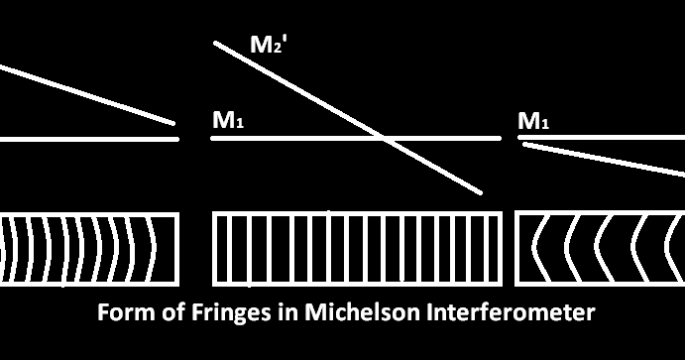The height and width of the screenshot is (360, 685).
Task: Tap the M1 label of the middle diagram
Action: tap(229, 122)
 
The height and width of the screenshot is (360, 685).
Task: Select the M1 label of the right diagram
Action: tap(534, 122)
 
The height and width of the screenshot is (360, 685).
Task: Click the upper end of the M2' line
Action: tap(217, 42)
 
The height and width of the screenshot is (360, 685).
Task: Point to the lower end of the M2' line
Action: tap(480, 191)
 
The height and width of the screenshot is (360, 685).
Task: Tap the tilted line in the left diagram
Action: tap(89, 95)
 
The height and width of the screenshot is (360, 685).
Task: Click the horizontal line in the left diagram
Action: tap(89, 139)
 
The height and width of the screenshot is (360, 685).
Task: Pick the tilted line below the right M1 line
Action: tap(605, 159)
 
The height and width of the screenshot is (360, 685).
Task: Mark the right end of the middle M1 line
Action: tap(499, 139)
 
